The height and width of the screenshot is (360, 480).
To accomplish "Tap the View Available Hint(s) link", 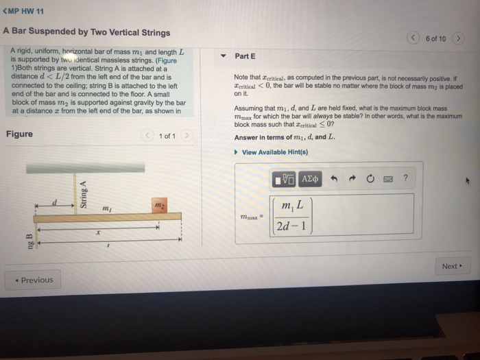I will point(274,152).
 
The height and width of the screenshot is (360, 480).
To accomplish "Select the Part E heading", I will point(245,56).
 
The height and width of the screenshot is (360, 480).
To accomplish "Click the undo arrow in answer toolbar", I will point(335,179).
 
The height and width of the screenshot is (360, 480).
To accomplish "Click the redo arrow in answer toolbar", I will point(352,179).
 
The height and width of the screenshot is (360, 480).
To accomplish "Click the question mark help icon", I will point(405,179).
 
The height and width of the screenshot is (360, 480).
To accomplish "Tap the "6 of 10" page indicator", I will point(435,38).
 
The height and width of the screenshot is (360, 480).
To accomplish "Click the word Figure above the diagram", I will point(19,134).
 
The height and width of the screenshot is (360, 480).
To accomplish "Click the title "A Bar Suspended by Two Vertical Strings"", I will point(86,32).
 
